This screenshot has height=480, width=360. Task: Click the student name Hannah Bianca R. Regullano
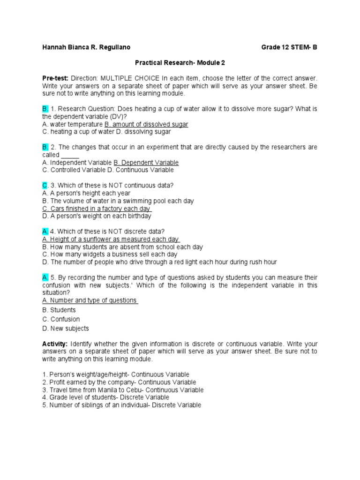coord(86,47)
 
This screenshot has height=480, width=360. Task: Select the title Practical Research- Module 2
coord(180,62)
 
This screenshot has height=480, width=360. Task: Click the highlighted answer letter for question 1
coord(45,109)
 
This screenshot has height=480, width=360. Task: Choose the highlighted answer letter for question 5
coord(45,277)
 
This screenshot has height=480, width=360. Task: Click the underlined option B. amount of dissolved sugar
coord(146,124)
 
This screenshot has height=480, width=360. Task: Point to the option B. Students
coord(59,310)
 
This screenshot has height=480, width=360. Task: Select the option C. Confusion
coord(61,319)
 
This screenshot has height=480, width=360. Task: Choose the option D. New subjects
coord(65,329)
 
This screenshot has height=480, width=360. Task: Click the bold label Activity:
coord(55,344)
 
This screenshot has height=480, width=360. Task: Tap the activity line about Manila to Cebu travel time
coord(123,390)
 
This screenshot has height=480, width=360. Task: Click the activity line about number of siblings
coord(121,405)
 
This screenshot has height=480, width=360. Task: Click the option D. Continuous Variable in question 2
coord(137,170)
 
